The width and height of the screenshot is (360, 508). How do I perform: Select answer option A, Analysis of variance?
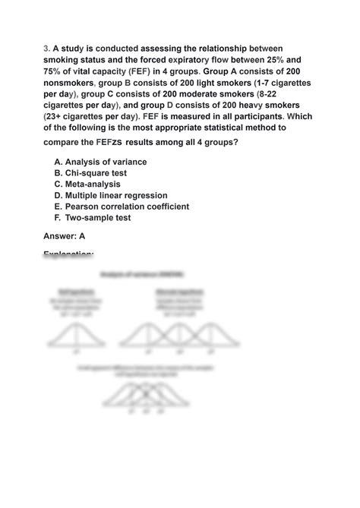pyautogui.click(x=100, y=162)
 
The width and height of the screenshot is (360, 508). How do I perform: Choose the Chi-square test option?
pyautogui.click(x=95, y=173)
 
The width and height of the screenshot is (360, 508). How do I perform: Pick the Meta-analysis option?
pyautogui.click(x=91, y=184)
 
